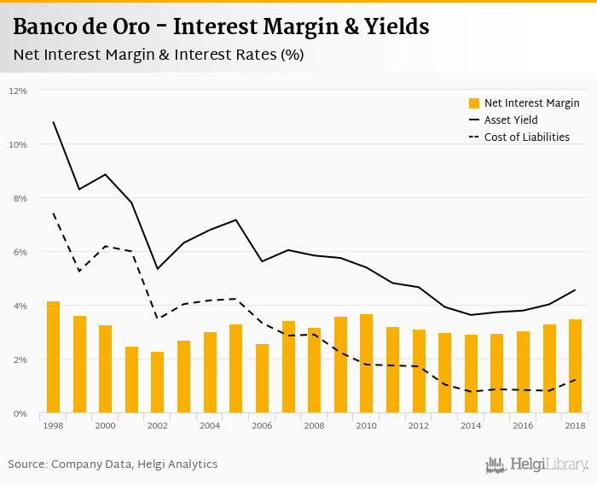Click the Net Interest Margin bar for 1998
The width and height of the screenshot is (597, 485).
tap(53, 358)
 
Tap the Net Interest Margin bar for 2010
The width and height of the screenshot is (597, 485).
tap(366, 364)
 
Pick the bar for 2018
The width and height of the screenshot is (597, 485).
tap(576, 366)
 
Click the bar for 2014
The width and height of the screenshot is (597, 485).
tap(471, 374)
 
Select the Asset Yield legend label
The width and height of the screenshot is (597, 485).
tap(511, 120)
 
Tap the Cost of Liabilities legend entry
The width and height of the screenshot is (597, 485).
tap(526, 137)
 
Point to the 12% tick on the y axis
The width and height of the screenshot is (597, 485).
tap(18, 91)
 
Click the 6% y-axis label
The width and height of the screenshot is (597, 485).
tap(18, 252)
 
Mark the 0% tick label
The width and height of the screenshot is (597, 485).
tap(18, 414)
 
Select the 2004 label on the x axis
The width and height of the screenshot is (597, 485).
tap(210, 425)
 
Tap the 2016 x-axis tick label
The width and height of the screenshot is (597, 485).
tap(524, 425)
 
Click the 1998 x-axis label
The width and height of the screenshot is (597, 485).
tap(53, 425)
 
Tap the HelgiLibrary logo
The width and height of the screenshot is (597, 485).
tap(536, 465)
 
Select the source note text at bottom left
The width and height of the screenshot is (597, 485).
tap(113, 465)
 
